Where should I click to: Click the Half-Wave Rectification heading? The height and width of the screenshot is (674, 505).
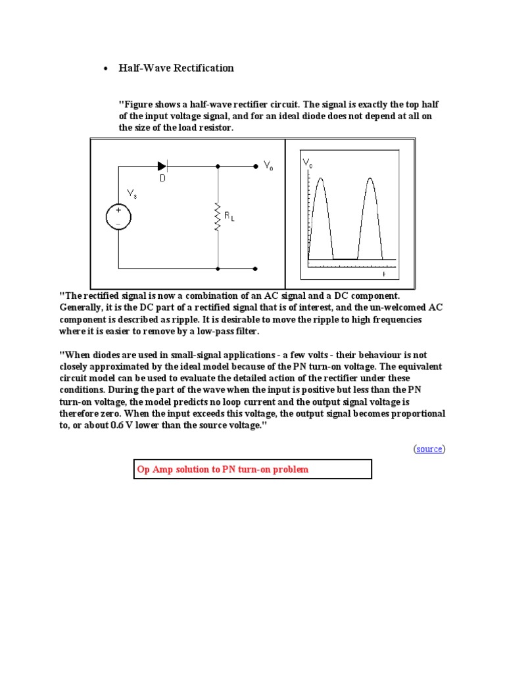(x=176, y=68)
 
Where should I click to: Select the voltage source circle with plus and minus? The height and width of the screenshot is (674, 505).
(x=119, y=217)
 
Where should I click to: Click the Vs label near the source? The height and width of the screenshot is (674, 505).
(x=132, y=194)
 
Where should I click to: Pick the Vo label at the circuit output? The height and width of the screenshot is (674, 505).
(x=268, y=167)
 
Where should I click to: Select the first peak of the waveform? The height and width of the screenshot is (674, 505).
(x=320, y=179)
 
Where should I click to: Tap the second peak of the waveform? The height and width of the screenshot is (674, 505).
(x=370, y=179)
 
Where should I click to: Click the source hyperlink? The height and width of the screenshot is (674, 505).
(x=429, y=449)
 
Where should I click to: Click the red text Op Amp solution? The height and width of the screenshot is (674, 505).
(x=222, y=469)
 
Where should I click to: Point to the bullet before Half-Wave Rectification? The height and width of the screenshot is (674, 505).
(x=105, y=69)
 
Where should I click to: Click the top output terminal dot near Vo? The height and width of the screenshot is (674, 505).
(x=255, y=167)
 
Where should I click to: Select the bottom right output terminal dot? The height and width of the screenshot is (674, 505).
(x=255, y=269)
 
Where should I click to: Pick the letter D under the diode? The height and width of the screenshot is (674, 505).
(x=162, y=178)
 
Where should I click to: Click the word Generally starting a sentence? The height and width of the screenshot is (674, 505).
(x=82, y=307)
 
